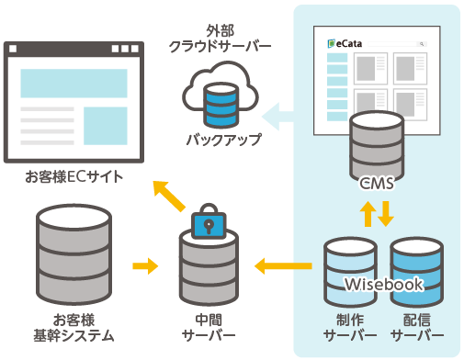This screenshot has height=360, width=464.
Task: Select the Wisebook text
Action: tap(383, 284)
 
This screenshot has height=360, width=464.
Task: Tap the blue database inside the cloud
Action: tap(220, 103)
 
